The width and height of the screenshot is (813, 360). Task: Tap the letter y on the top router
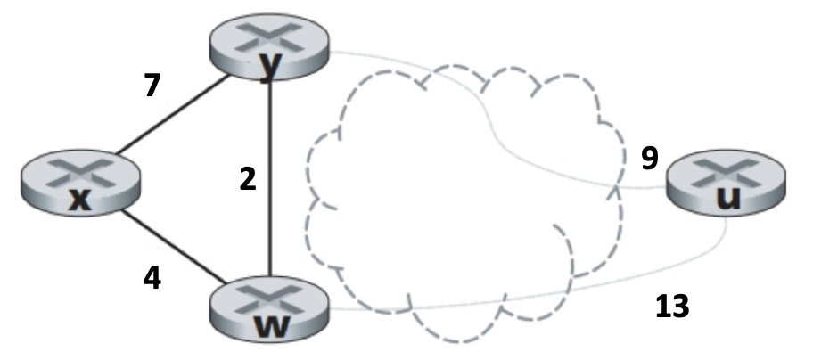pyautogui.click(x=267, y=70)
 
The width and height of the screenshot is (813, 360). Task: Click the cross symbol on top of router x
pyautogui.click(x=81, y=171)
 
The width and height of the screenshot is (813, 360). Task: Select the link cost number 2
pyautogui.click(x=248, y=179)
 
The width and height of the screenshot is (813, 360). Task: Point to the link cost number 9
pyautogui.click(x=650, y=159)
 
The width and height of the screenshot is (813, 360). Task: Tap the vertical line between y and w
pyautogui.click(x=269, y=178)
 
